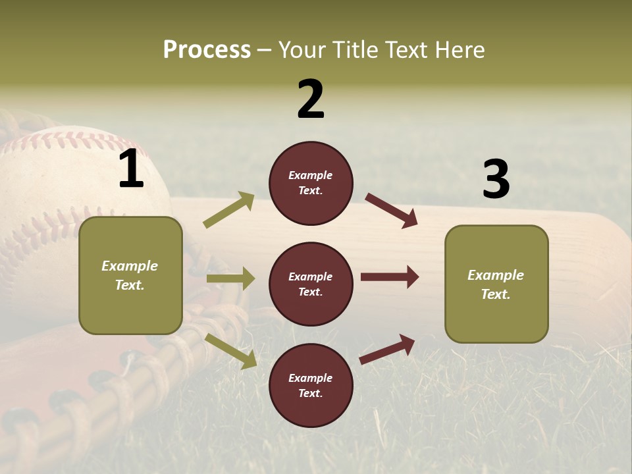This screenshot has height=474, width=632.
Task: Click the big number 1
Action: (x=131, y=170)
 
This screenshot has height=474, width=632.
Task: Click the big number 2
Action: (x=311, y=99)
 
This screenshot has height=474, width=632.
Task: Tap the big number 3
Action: (x=496, y=180)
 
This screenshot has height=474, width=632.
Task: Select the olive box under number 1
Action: (x=130, y=275)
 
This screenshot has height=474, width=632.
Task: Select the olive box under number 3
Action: (x=496, y=284)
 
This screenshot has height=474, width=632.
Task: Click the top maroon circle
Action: (x=311, y=183)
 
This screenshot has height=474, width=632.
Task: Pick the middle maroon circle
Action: (x=311, y=284)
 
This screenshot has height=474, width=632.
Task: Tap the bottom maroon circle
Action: (x=311, y=385)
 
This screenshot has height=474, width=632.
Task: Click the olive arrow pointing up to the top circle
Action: (x=229, y=210)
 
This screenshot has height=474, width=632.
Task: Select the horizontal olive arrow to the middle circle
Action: (x=230, y=278)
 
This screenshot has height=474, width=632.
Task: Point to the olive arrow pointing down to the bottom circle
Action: (x=230, y=351)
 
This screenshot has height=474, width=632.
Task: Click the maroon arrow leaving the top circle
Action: (x=392, y=211)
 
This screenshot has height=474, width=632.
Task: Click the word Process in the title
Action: (x=207, y=49)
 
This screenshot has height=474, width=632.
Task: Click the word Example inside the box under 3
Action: (x=496, y=275)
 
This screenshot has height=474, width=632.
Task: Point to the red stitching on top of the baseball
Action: (x=79, y=139)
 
